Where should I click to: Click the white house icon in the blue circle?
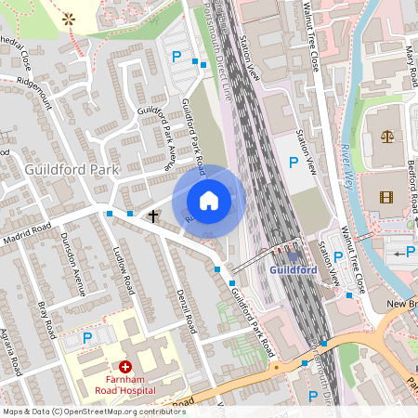pos(209,201)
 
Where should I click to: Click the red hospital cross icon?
pos(125,368)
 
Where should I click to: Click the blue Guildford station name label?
pos(294,269)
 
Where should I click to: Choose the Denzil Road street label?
pos(185,310)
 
